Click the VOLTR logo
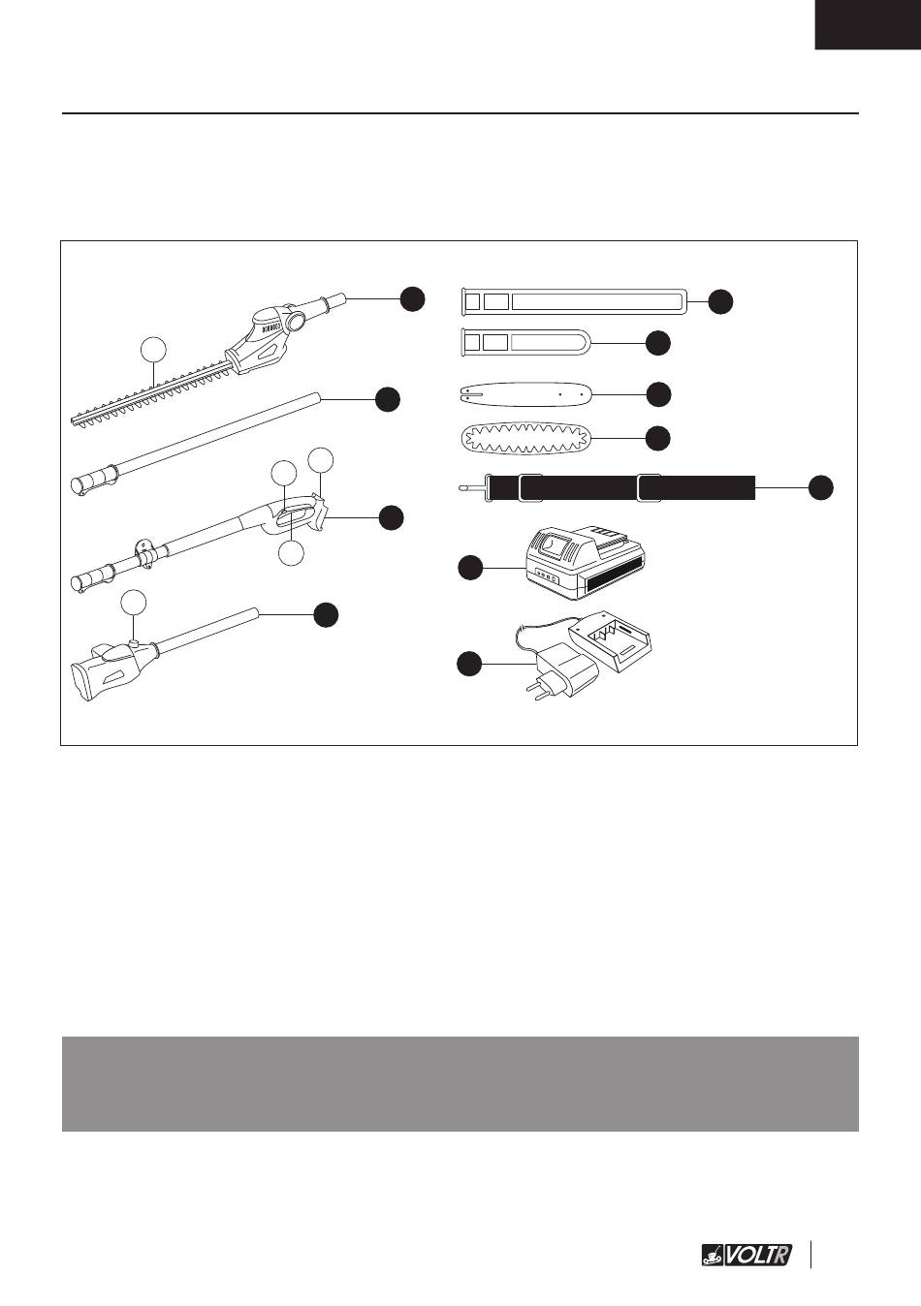[746, 1254]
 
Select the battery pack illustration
[586, 564]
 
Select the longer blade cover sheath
[575, 301]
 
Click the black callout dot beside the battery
[470, 568]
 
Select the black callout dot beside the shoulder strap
[821, 487]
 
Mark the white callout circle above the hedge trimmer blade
[153, 349]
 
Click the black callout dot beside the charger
[469, 664]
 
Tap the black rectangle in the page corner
[868, 24]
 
